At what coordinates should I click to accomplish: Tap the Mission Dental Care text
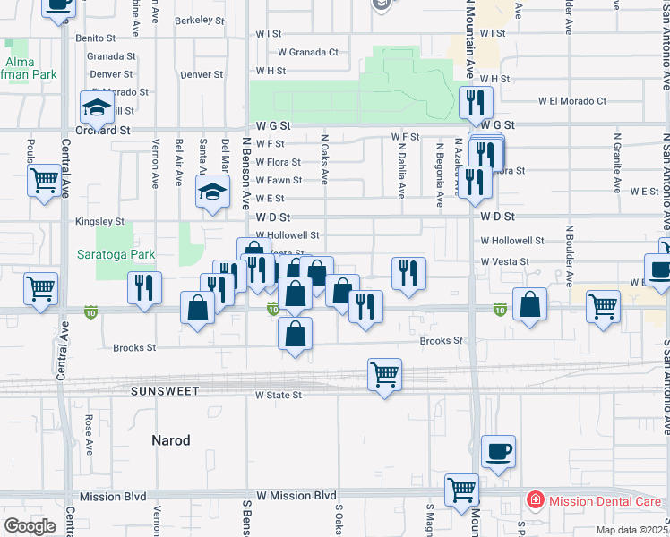click(605, 501)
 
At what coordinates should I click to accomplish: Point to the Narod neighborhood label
click(171, 439)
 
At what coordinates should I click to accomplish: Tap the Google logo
click(30, 525)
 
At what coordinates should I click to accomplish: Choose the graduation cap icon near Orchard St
click(97, 108)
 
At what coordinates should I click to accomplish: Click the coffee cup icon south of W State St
click(498, 452)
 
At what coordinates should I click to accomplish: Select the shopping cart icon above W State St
click(385, 374)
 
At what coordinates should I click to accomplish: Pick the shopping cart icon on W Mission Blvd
click(461, 490)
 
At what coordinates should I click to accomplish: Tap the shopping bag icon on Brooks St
click(295, 335)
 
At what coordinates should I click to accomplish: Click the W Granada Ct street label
click(308, 52)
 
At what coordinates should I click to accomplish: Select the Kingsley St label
click(100, 221)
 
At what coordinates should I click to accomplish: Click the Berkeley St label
click(198, 20)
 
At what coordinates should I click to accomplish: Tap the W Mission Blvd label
click(296, 495)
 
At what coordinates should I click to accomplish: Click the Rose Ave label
click(89, 431)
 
